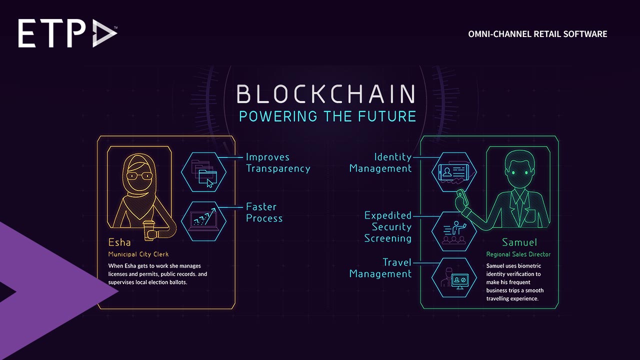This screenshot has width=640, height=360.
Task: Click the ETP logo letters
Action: coord(53,34)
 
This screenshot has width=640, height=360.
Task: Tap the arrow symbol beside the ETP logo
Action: coord(104,34)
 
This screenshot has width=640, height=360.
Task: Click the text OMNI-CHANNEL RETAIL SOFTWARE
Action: coord(537,34)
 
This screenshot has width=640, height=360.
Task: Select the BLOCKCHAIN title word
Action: coord(326,94)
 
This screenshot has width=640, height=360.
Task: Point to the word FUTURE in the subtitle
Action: coord(386,116)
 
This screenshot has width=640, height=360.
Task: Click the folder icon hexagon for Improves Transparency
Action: coord(203,172)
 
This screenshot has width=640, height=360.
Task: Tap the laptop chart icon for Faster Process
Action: coord(203,220)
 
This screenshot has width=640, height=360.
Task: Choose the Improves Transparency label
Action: coord(277,163)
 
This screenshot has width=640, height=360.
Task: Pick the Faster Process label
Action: coord(264,212)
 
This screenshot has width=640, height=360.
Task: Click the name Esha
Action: coord(119,242)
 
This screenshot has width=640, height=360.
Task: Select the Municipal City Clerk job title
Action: coord(138,254)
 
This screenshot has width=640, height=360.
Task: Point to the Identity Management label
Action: coord(380,163)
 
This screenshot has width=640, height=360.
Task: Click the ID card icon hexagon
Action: coord(454,172)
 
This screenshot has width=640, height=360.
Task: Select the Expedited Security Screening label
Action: coord(388,227)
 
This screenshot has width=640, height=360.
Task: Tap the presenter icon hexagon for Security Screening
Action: coord(454,231)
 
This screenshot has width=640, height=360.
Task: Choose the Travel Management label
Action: coord(380,268)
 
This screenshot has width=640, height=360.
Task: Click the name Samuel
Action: coord(519,242)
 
